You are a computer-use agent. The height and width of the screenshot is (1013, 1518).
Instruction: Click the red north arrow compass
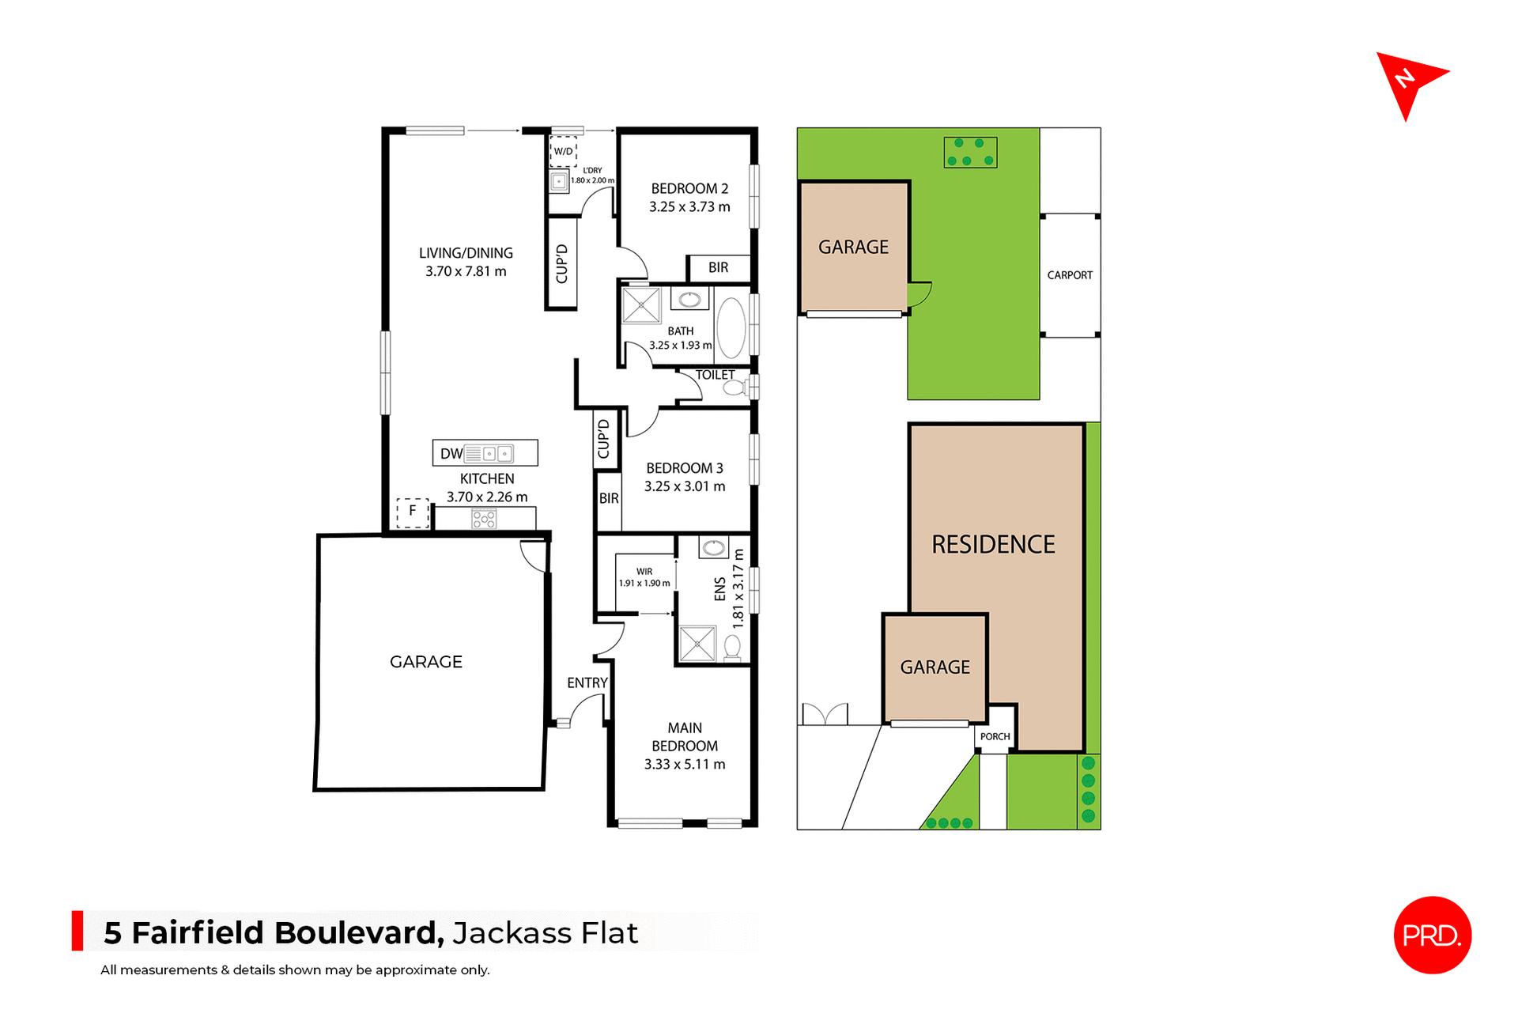point(1407,81)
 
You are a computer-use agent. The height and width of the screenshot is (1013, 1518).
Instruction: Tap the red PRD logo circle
point(1432,935)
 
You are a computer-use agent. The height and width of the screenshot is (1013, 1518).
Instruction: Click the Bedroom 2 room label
point(689,189)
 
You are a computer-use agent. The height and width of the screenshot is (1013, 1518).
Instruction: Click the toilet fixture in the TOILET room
point(735,387)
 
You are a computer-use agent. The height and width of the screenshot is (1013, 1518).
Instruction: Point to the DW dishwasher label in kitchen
point(451,454)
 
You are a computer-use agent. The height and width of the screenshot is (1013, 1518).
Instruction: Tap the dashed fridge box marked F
point(412,512)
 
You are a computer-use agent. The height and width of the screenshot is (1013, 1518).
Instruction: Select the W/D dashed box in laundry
point(563,151)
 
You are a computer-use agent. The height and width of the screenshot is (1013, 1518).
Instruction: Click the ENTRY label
point(587,682)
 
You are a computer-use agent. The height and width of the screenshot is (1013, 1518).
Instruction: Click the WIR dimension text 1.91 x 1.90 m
point(644,584)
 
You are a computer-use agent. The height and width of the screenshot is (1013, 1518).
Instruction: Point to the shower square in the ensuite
point(697,644)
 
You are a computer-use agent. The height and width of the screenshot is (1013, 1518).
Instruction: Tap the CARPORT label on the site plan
point(1070,275)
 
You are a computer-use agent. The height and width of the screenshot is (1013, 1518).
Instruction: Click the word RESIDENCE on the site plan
point(993,544)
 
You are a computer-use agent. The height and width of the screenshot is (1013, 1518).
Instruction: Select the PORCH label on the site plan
point(995,737)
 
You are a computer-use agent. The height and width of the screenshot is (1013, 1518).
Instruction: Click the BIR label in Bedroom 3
point(609,498)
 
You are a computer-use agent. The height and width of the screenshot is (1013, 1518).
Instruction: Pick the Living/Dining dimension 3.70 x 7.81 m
point(466,271)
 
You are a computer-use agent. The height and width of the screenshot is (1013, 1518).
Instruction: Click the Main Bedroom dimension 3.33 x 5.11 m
point(685,765)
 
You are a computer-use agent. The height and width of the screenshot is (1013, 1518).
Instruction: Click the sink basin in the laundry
point(559,181)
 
